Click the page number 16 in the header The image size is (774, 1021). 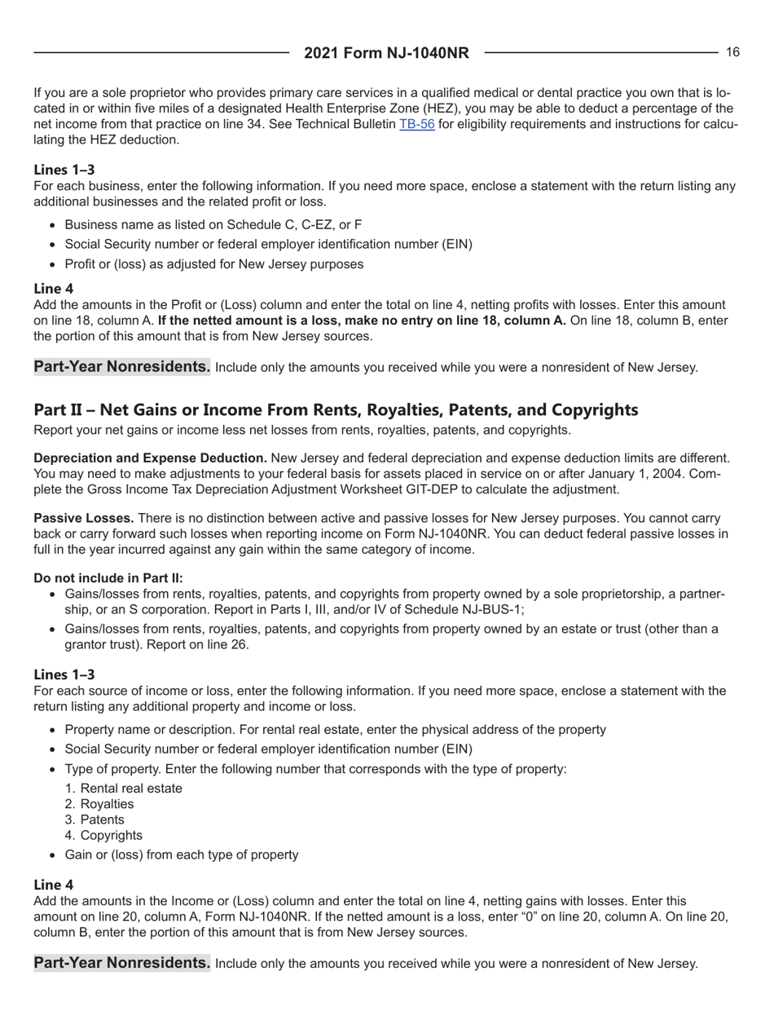click(x=732, y=52)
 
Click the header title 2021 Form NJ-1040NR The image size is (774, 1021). click(x=387, y=54)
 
